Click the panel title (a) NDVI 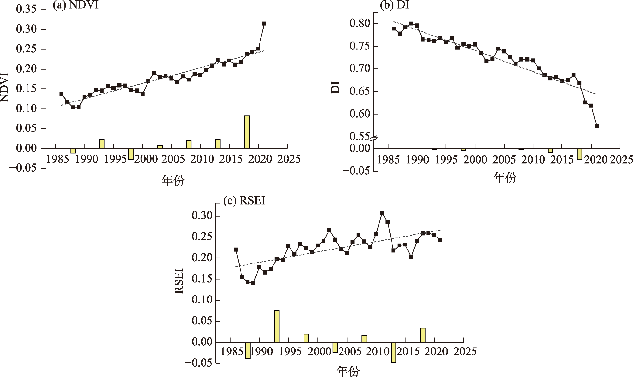point(76,5)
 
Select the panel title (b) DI point(394,5)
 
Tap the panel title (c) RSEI point(244,201)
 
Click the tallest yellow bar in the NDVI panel point(247,132)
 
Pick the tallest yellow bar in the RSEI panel point(277,326)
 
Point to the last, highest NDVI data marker point(264,23)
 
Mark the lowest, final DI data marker point(597,126)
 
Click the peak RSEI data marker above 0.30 point(382,213)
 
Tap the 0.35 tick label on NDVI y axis point(26,10)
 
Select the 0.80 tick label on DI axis point(360,23)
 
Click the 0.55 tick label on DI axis point(360,136)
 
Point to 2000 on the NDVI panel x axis point(145,159)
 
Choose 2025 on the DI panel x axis point(621,159)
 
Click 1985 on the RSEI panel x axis point(232,352)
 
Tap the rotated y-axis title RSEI point(179,281)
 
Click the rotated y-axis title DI point(335,87)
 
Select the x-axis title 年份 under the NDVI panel point(173,180)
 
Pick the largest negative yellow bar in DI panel point(580,154)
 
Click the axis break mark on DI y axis point(374,139)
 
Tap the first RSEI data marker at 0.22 point(236,250)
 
